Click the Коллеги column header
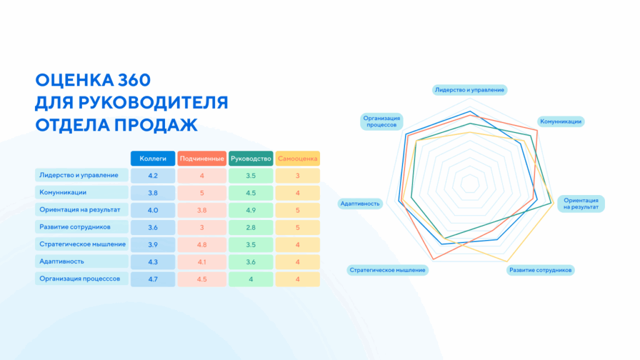[x=152, y=159]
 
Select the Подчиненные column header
[x=201, y=159]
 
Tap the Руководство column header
[x=250, y=159]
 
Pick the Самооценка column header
[x=297, y=159]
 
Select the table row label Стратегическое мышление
[x=82, y=244]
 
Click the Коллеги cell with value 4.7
[x=152, y=279]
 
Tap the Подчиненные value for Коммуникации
[x=201, y=192]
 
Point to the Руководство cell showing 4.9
[x=250, y=210]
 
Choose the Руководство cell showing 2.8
[x=250, y=227]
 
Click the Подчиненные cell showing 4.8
[x=201, y=244]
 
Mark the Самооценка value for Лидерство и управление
[x=297, y=176]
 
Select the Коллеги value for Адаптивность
[x=152, y=261]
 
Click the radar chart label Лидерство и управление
[x=469, y=90]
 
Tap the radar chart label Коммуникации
[x=561, y=121]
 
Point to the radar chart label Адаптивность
[x=359, y=203]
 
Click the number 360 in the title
[x=133, y=81]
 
